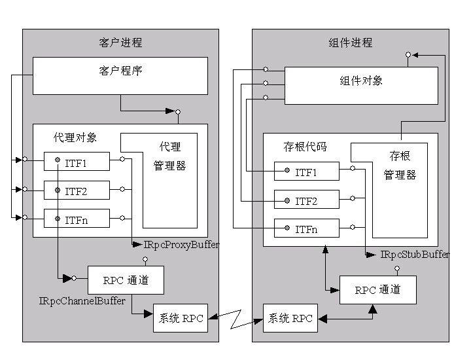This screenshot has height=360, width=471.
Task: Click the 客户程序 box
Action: click(120, 76)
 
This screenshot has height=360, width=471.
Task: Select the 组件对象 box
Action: click(361, 86)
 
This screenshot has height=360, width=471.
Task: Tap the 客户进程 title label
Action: click(120, 43)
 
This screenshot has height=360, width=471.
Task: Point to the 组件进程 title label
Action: click(350, 43)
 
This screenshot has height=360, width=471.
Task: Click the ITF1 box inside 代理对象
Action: click(77, 162)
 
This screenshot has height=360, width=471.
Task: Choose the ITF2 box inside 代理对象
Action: click(77, 190)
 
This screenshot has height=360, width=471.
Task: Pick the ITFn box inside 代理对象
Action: click(77, 218)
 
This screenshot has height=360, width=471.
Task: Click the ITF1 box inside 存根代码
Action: click(307, 171)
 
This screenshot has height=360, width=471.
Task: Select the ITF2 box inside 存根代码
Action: click(307, 199)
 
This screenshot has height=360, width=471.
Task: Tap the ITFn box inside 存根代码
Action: click(307, 228)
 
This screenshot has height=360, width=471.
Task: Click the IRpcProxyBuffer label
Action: click(181, 245)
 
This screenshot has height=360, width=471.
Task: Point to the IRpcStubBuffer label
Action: click(415, 255)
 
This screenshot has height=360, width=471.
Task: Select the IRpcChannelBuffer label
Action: click(82, 300)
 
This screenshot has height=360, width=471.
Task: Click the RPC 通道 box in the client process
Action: click(126, 280)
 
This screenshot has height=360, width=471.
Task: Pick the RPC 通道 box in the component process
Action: click(378, 290)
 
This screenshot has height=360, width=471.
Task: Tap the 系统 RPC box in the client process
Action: click(181, 318)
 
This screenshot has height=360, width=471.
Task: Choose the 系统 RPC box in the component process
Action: click(290, 318)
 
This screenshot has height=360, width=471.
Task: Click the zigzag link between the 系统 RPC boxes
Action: click(235, 319)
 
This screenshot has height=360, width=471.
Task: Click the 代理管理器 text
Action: click(169, 156)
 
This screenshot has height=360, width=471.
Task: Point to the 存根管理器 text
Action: click(400, 166)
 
